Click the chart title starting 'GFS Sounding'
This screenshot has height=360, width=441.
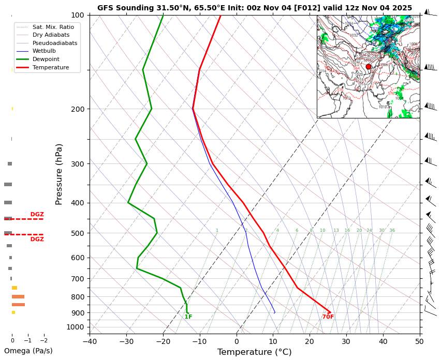pos(255,8)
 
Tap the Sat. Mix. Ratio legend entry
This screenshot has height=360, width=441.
pos(53,27)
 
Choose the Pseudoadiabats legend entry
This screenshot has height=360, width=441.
pos(55,43)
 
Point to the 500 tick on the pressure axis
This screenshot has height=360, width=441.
pos(78,233)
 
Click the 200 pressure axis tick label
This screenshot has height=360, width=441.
pos(78,109)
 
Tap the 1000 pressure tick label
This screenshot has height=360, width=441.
pos(76,327)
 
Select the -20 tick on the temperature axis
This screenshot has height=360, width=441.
pos(163,341)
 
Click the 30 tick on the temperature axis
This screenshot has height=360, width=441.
pos(346,341)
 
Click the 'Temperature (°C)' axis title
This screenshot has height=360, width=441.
pos(254,352)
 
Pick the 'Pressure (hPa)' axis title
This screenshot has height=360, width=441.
pos(60,174)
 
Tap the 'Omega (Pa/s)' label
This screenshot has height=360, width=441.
pos(28,351)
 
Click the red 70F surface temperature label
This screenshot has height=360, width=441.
pos(328,317)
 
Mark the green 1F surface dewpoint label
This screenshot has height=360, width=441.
pos(188,317)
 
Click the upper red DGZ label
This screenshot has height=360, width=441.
pos(37,215)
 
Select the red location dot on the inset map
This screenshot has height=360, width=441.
pos(369,67)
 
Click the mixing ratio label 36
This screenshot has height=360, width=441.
pos(392,231)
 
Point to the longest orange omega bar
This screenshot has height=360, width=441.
pos(18,305)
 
